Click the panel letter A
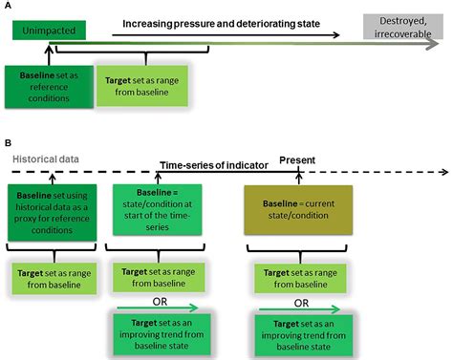pos(9,9)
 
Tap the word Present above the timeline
pos(298,159)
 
